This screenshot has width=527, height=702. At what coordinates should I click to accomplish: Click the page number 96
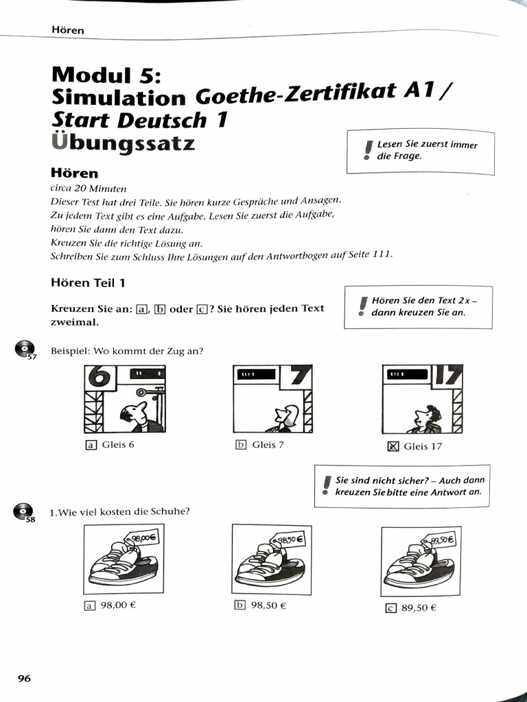(x=24, y=678)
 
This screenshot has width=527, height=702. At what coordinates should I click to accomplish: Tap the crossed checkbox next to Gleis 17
(x=393, y=446)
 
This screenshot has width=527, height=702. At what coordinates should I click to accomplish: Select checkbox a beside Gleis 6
(x=91, y=444)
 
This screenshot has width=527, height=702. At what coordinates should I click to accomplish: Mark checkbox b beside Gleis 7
(x=241, y=444)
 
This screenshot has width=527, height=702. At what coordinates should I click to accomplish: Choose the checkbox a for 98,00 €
(x=89, y=605)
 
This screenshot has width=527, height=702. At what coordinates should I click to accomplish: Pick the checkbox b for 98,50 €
(x=240, y=605)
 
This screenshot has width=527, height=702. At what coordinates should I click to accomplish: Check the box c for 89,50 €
(x=391, y=607)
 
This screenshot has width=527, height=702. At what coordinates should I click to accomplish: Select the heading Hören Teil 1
(x=88, y=282)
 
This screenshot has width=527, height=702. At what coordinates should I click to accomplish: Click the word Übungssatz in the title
(x=124, y=144)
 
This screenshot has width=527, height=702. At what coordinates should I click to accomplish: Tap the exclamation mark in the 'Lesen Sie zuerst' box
(x=368, y=149)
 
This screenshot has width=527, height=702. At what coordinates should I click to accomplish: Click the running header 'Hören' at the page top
(x=67, y=30)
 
